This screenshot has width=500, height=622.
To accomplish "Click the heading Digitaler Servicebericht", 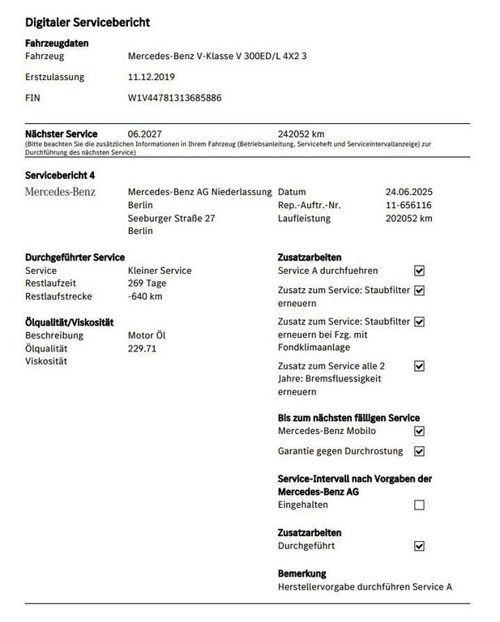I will pos(87,23).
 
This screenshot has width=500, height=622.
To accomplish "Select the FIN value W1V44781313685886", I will pos(175,98).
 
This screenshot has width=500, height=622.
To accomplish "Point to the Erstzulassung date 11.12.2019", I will pos(152,78).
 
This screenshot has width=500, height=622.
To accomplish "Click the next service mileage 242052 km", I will pos(301,134).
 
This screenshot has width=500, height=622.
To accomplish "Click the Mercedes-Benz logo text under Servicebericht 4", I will pos(60,192).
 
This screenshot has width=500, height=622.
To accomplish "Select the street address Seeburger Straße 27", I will pos(172,218).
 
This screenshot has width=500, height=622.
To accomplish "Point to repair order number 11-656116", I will pos(409,205).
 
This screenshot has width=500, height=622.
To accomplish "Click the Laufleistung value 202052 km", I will pos(409,218).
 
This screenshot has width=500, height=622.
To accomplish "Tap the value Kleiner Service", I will pos(160,271).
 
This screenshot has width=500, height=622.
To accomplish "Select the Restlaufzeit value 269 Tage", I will pos(147,283).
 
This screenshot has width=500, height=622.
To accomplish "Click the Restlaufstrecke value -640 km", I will pos(145,296).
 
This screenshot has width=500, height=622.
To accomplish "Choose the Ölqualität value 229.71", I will pos(142,348).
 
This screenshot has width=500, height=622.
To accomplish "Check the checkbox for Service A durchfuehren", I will pos(419,271).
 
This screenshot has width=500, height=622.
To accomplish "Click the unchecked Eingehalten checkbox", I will pos(419,505).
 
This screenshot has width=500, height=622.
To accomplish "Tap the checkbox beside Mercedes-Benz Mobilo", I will pos(419,432).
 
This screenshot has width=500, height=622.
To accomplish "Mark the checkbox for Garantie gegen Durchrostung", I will pos(419,451).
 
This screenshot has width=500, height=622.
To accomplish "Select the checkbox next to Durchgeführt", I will pos(419,547).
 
